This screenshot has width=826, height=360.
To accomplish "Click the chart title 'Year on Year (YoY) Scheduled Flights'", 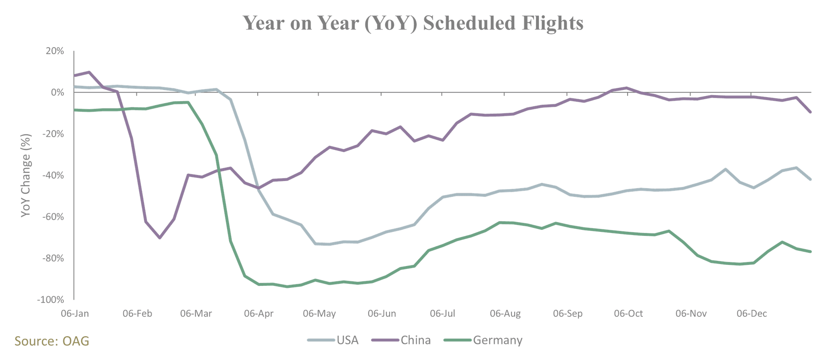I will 413,23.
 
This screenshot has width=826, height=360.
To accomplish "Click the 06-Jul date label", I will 443,313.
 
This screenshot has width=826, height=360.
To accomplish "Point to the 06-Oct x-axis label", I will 628,313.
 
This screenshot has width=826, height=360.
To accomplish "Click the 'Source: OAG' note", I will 52,341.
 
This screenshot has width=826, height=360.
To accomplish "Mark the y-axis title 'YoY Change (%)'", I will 27,175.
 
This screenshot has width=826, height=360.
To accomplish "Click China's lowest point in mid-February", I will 160,238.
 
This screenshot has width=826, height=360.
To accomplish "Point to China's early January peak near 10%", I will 89,72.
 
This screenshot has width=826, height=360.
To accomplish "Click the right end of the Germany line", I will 811,252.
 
